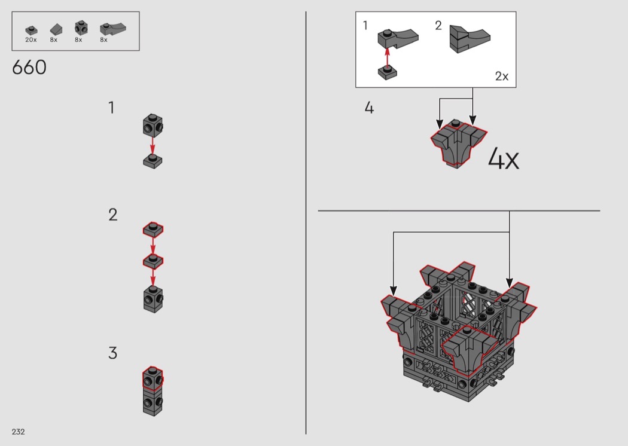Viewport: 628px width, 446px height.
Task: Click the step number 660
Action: point(29,68)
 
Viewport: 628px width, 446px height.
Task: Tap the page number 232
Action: point(19,432)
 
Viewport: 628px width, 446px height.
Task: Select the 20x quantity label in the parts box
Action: point(31,39)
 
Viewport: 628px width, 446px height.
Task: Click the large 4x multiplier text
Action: point(504,158)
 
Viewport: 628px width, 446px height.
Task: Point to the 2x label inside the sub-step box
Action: point(501,76)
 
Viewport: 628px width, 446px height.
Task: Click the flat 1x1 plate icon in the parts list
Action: point(31,30)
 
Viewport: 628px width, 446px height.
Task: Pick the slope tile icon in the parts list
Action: point(56,29)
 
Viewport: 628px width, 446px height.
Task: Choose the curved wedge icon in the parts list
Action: point(113,28)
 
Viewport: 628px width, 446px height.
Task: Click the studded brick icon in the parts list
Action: point(81,28)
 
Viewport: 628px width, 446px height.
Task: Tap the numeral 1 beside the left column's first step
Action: point(111,107)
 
